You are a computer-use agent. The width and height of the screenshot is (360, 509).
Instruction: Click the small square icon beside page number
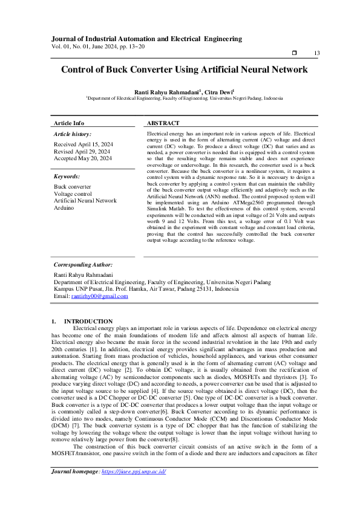tap(294, 54)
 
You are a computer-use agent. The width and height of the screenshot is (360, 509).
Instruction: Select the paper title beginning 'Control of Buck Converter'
tap(184, 70)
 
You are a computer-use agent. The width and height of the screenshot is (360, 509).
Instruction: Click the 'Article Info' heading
tap(69, 123)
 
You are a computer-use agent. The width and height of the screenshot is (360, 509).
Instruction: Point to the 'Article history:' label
tap(73, 133)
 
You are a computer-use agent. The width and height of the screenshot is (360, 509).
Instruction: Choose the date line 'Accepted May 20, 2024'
tap(83, 158)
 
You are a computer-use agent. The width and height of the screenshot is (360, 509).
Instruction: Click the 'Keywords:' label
tap(67, 177)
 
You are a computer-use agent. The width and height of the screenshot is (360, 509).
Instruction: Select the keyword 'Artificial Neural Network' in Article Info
tap(85, 201)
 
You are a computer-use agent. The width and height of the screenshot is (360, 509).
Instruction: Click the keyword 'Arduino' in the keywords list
tap(64, 207)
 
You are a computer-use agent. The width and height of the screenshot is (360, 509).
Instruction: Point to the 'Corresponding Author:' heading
tap(83, 265)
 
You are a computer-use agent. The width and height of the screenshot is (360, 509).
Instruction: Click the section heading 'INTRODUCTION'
tap(88, 321)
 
